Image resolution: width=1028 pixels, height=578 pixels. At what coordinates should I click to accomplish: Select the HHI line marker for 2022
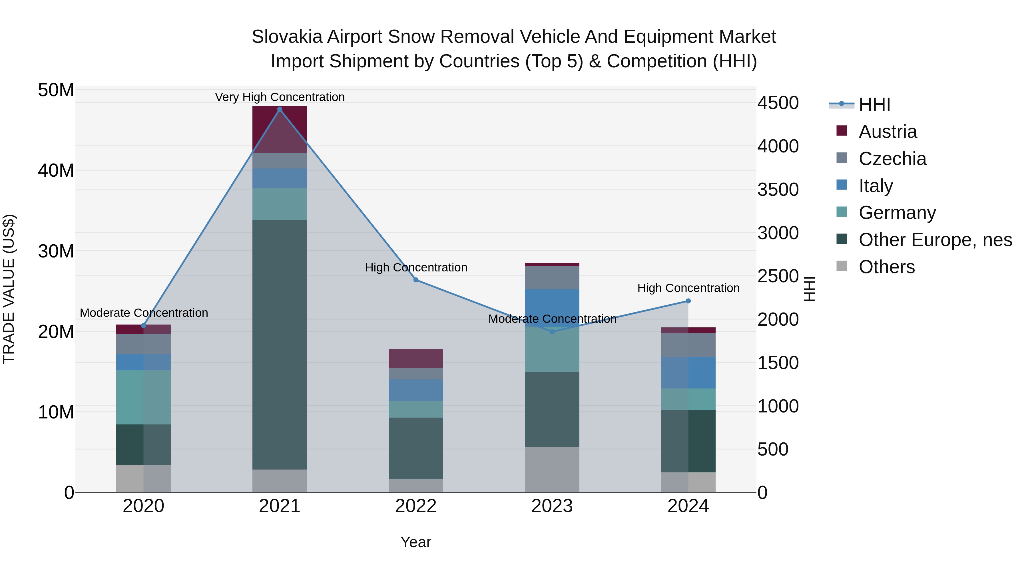point(416,280)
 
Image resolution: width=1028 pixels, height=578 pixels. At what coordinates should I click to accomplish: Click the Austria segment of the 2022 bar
point(416,358)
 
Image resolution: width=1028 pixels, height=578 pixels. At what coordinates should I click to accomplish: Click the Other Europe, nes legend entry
point(935,240)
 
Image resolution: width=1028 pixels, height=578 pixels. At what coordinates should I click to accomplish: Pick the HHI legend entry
point(874,104)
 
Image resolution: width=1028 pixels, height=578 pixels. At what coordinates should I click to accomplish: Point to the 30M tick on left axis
point(56,251)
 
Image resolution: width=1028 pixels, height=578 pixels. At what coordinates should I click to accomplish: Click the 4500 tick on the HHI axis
point(778,103)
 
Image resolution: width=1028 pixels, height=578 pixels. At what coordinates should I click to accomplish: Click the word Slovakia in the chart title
point(286,37)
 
